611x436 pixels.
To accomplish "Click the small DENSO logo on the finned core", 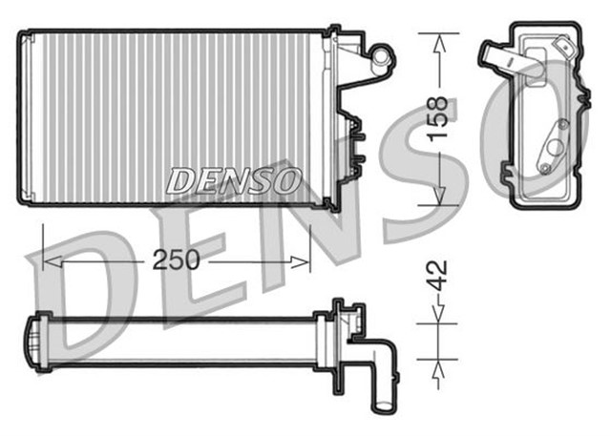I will [x=235, y=178].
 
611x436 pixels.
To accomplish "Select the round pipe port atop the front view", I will [x=383, y=56].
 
